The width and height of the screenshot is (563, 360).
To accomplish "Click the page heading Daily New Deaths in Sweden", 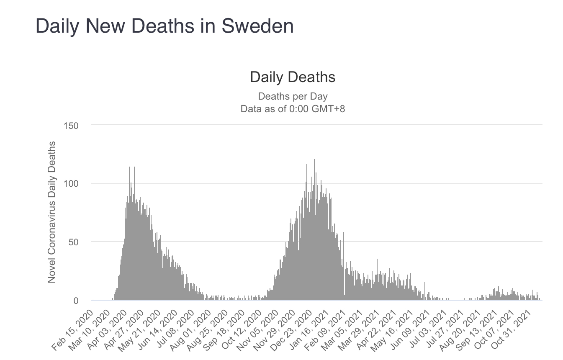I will [165, 26].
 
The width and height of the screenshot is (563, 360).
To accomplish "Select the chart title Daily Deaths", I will [293, 77].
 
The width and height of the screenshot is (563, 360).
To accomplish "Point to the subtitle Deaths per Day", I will [293, 96].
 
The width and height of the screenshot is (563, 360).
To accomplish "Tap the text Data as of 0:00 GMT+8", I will [293, 109].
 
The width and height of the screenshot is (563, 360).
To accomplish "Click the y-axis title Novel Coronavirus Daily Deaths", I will [52, 212].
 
